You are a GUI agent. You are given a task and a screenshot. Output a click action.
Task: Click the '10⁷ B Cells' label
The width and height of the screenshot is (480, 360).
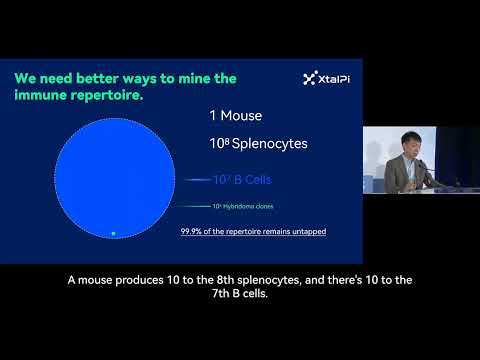pyautogui.click(x=244, y=180)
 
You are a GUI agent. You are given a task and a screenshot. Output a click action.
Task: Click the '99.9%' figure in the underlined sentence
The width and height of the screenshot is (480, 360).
pyautogui.click(x=192, y=232)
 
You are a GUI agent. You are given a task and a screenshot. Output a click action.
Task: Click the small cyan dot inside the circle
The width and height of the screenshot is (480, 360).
pyautogui.click(x=113, y=233)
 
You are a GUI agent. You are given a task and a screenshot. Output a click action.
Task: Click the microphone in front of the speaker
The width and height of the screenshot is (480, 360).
pyautogui.click(x=424, y=170)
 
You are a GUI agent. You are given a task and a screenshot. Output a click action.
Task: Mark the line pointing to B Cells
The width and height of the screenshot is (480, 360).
pyautogui.click(x=196, y=180)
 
